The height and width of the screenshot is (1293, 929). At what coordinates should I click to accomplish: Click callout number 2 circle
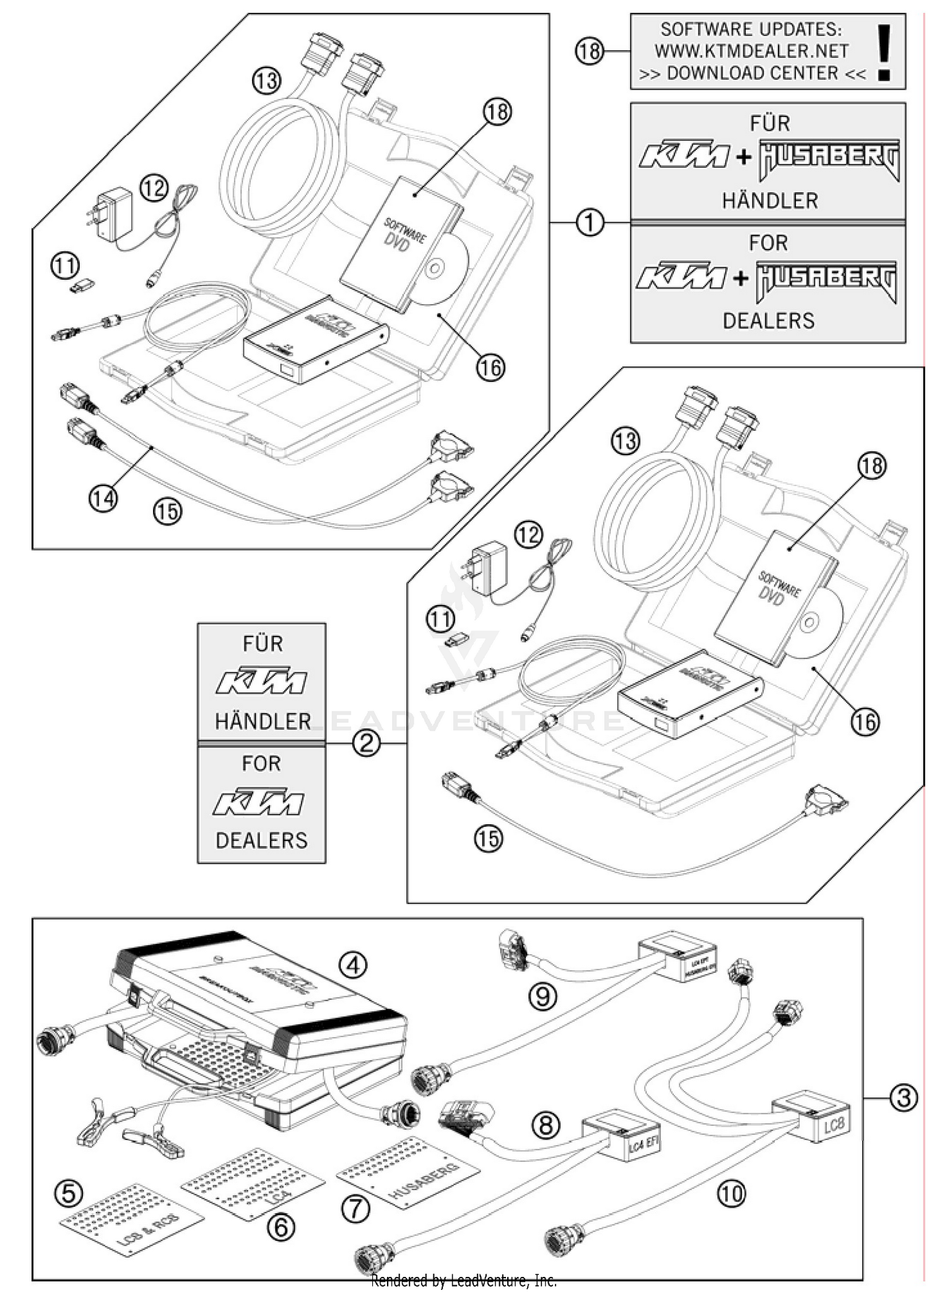point(366,742)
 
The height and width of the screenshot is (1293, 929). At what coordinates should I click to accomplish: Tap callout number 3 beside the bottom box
point(904,1098)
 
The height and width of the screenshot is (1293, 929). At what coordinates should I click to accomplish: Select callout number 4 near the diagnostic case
point(353,964)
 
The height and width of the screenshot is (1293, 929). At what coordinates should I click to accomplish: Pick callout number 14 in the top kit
point(103,497)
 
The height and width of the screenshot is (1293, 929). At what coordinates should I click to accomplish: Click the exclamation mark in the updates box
point(884,52)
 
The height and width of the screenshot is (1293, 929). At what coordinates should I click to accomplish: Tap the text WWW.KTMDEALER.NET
point(751,51)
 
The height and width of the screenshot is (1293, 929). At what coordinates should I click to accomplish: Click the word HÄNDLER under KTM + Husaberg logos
point(769,200)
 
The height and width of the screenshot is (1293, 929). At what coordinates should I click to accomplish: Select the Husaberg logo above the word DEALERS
point(827,281)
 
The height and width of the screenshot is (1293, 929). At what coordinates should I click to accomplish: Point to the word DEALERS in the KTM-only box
point(261,840)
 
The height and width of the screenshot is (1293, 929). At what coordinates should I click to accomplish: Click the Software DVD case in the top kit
point(400,242)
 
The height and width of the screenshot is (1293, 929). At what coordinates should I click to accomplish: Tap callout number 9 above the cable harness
point(543,996)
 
